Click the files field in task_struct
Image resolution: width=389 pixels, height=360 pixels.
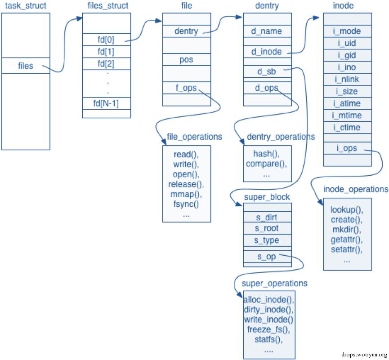(26, 66)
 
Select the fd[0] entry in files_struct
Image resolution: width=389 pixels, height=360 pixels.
(106, 40)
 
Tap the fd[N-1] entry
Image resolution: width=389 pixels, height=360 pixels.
(106, 103)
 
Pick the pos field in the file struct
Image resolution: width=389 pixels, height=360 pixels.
(186, 60)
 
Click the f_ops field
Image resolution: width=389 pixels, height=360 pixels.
(186, 88)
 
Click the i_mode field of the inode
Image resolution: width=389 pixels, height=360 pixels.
(347, 31)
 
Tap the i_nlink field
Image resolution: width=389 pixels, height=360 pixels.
(347, 80)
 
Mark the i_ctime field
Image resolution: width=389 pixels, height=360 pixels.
(347, 128)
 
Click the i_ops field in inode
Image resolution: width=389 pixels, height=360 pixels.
(347, 148)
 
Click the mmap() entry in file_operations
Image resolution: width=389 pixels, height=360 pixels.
(186, 194)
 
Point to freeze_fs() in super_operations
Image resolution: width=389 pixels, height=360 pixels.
(268, 329)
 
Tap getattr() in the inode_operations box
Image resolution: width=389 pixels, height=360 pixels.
(347, 240)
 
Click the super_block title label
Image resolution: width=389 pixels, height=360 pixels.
(267, 197)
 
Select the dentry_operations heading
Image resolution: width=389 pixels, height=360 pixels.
(281, 137)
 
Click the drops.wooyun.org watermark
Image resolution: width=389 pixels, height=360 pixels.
(364, 355)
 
